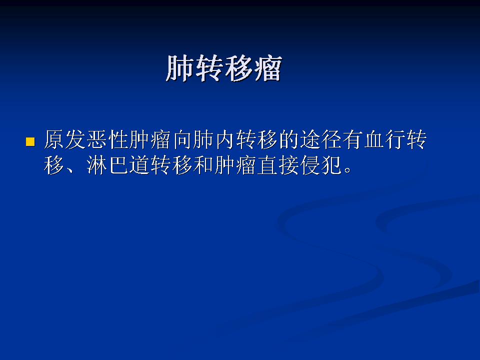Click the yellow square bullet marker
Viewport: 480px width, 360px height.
click(x=30, y=142)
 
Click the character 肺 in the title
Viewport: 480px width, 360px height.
click(x=180, y=68)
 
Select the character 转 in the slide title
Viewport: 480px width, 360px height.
click(x=209, y=68)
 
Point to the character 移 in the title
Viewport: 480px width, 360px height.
click(x=238, y=68)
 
